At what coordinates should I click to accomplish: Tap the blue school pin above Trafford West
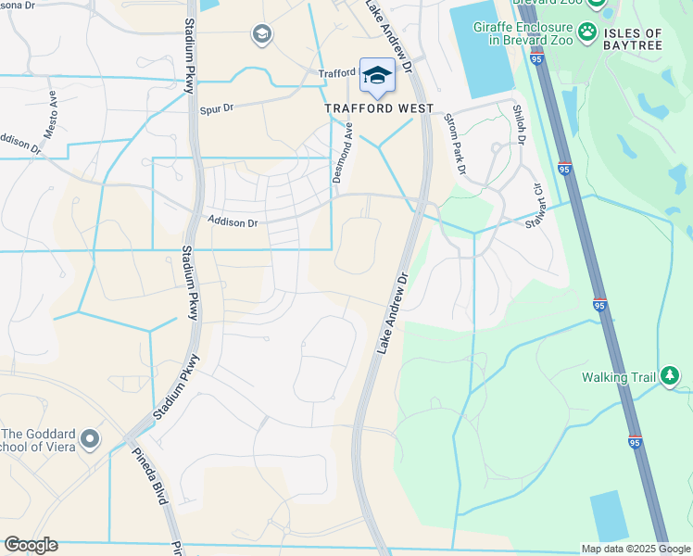377,76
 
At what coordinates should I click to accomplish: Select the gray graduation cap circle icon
261,35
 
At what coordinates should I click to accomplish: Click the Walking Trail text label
618,377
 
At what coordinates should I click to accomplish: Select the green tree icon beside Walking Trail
670,376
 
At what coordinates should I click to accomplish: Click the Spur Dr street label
217,109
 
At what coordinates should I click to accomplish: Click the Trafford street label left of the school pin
337,73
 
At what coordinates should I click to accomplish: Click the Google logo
31,545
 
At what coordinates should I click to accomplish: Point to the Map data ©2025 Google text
635,549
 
